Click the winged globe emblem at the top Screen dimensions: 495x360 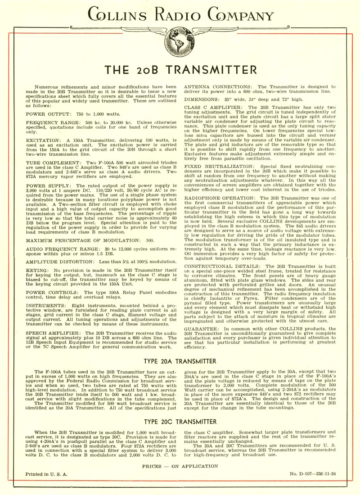coord(180,39)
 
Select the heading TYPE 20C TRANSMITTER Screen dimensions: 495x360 coord(180,422)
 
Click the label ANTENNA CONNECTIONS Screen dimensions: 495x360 coord(217,86)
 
